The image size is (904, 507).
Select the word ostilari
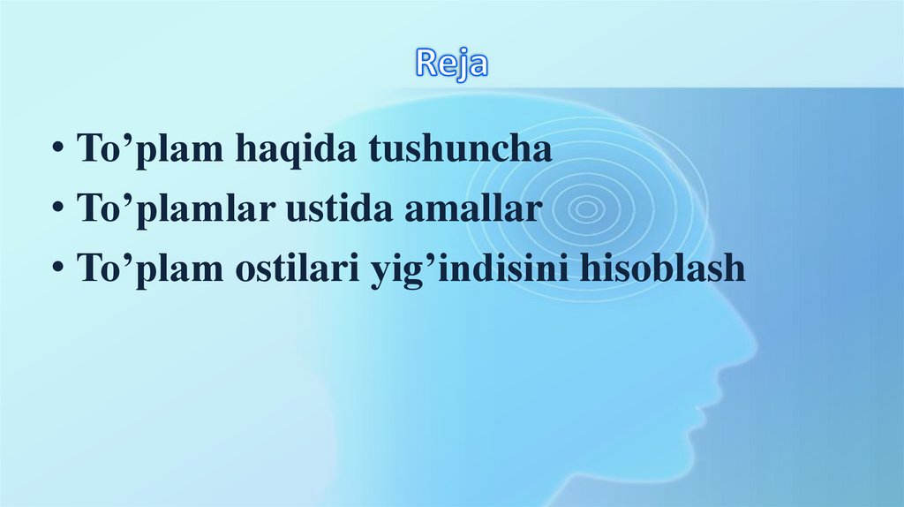click(x=288, y=269)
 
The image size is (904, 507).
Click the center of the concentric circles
click(x=585, y=209)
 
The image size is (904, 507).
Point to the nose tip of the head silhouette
click(x=753, y=339)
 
